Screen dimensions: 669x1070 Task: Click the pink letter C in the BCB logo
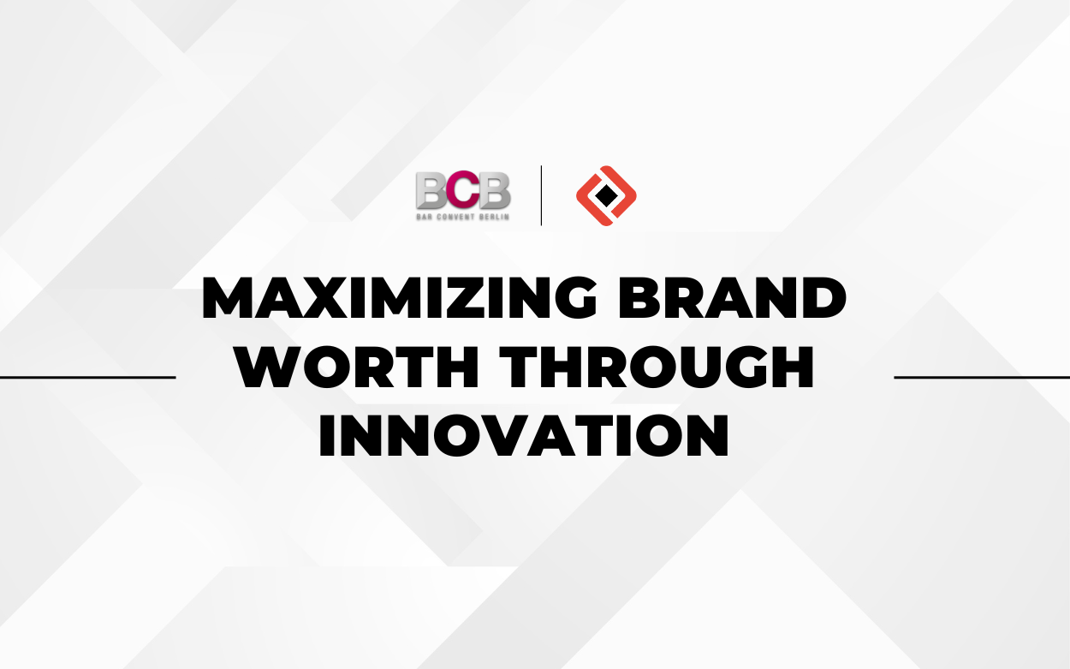pyautogui.click(x=463, y=189)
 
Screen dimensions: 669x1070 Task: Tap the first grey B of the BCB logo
pyautogui.click(x=431, y=189)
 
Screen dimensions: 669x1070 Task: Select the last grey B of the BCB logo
pyautogui.click(x=495, y=189)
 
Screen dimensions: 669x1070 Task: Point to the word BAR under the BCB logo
pyautogui.click(x=425, y=216)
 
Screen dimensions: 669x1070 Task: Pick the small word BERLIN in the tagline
pyautogui.click(x=495, y=216)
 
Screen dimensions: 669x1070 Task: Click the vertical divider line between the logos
pyautogui.click(x=541, y=196)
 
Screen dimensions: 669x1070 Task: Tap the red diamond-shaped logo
pyautogui.click(x=606, y=196)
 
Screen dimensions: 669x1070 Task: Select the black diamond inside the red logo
pyautogui.click(x=606, y=196)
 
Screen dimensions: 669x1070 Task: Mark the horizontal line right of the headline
pyautogui.click(x=981, y=376)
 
